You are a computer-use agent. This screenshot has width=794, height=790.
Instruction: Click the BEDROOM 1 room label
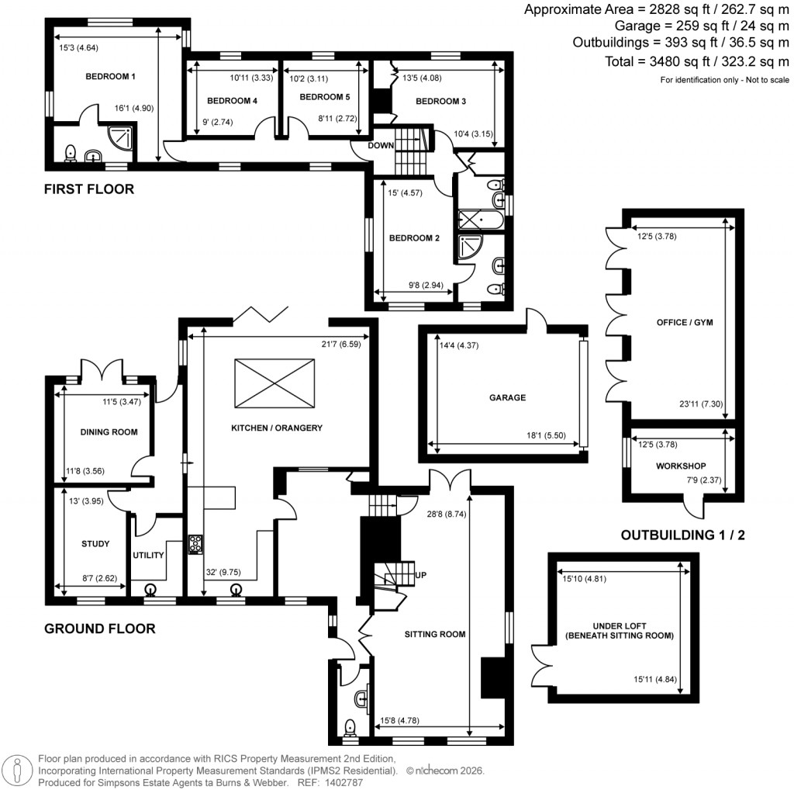110,77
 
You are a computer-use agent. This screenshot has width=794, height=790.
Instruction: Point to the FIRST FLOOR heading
88,189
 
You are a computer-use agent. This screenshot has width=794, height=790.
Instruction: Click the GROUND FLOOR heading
99,629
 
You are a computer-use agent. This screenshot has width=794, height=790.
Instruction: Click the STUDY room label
95,544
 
